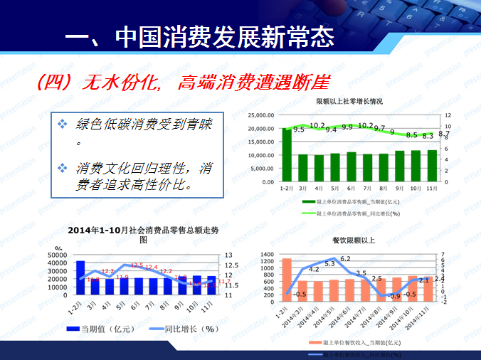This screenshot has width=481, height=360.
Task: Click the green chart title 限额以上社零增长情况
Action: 349,102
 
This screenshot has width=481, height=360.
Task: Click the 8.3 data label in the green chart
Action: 428,135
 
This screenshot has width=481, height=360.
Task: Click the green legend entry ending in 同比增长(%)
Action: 356,213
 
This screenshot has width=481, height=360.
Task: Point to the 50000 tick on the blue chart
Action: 55,255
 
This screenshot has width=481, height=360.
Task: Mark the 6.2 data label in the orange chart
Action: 345,258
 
